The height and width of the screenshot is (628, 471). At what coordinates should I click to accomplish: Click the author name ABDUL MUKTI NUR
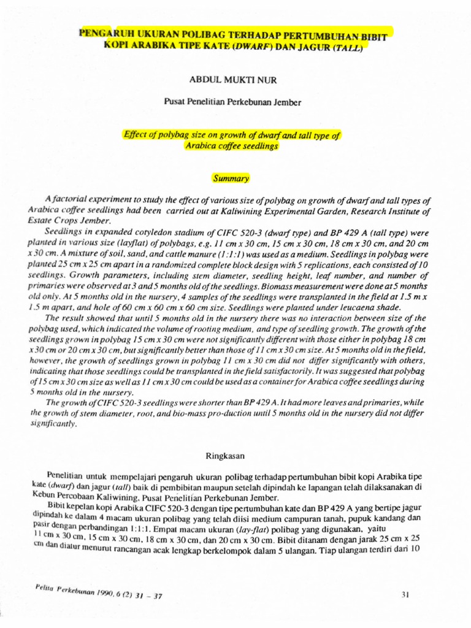coord(232,79)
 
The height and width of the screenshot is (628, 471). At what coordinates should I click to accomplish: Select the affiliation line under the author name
coord(232,102)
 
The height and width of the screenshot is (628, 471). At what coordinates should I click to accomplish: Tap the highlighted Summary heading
coord(231,178)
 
